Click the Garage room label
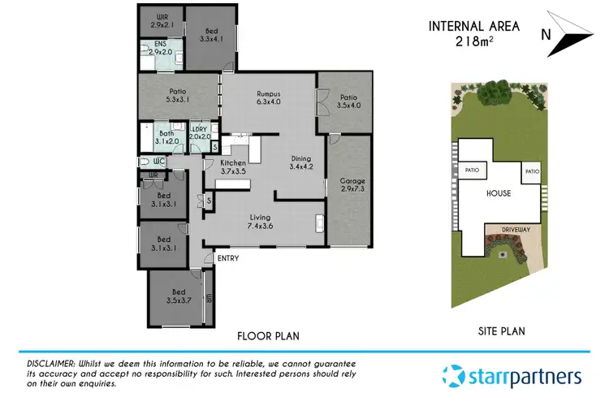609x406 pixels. coord(352,186)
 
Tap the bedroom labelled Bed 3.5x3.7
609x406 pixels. coord(178,296)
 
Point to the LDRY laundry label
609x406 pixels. coord(200,132)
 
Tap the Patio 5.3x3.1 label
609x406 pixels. coord(179,97)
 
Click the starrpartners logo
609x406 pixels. coord(512,376)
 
